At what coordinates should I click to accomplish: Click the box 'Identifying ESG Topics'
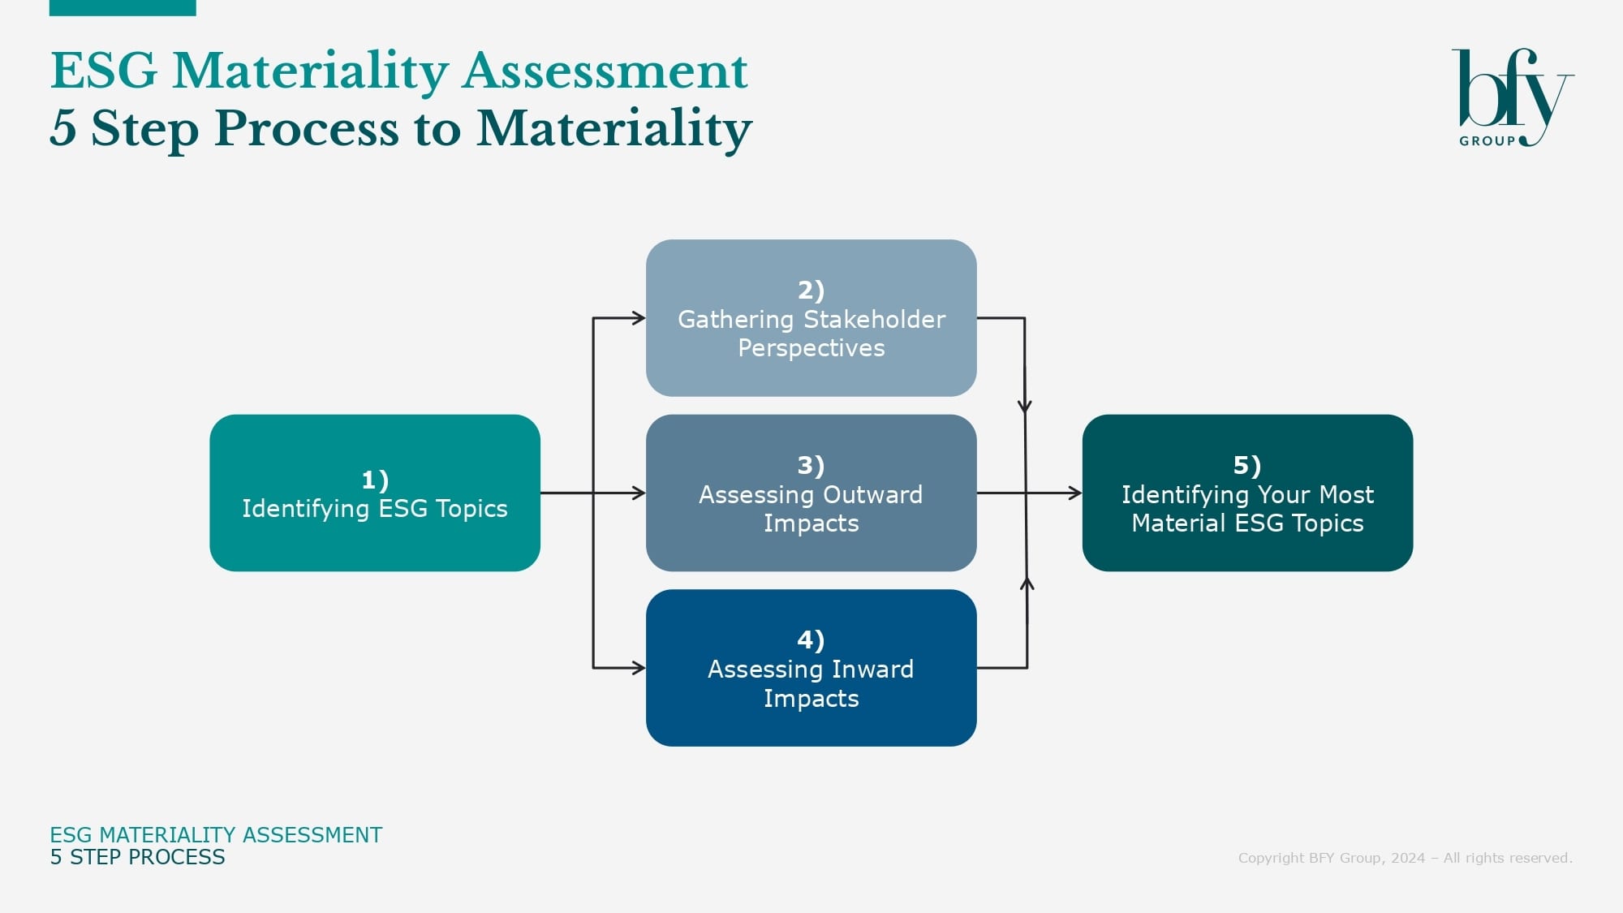coord(375,493)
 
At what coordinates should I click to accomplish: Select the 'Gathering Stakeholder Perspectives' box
coord(811,318)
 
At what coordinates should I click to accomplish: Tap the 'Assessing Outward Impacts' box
coord(811,493)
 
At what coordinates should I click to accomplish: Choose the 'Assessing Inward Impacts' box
coord(811,668)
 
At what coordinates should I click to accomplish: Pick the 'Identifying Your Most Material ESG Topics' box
coord(1247,493)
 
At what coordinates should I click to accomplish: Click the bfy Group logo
coord(1513,97)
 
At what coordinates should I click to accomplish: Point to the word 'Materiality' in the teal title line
coord(310,71)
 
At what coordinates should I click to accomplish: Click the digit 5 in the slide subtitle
coord(63,128)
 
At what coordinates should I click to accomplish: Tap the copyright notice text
coord(1405,858)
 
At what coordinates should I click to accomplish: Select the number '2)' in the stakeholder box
coord(811,290)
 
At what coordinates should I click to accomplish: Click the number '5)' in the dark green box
coord(1247,465)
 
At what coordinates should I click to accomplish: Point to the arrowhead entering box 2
coord(639,318)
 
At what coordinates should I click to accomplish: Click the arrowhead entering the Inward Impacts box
coord(639,668)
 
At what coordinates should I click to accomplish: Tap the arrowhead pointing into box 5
coord(1075,493)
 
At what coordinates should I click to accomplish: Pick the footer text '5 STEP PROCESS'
coord(137,858)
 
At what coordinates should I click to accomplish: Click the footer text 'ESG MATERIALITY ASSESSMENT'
coord(216,835)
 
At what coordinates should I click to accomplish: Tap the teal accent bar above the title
coord(123,8)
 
